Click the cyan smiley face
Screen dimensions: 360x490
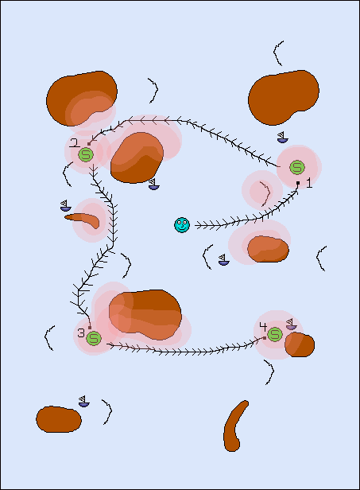point(182,225)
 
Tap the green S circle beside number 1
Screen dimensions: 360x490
point(297,168)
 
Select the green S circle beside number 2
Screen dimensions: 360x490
point(86,154)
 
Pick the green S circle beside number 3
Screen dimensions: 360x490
point(94,338)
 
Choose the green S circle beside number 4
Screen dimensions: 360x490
point(275,334)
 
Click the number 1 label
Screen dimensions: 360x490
point(309,183)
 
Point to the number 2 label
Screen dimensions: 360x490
point(75,143)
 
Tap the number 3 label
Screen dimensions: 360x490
point(81,332)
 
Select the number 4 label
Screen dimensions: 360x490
point(263,327)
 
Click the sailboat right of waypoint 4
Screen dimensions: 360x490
point(291,325)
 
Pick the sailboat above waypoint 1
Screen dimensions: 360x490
point(283,138)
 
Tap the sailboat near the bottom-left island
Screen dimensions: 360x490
point(83,401)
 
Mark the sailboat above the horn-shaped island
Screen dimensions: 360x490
point(66,205)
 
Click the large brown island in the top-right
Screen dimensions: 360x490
point(284,98)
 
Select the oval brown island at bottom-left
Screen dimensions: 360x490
point(59,419)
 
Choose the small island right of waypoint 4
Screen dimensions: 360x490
point(300,344)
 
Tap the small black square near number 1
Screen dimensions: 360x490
point(298,183)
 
